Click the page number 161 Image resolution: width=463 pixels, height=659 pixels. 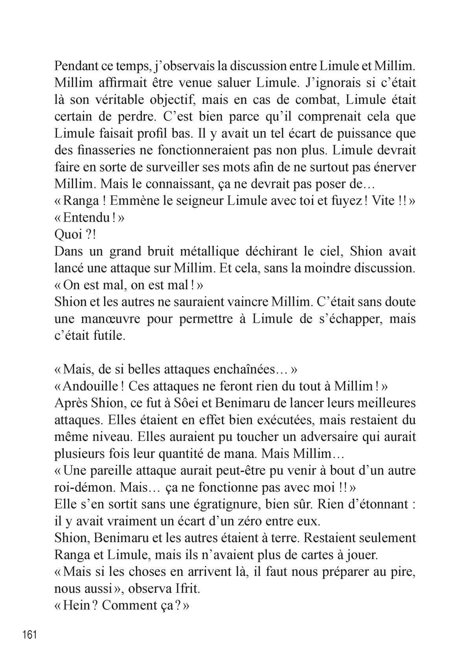[x=29, y=635]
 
